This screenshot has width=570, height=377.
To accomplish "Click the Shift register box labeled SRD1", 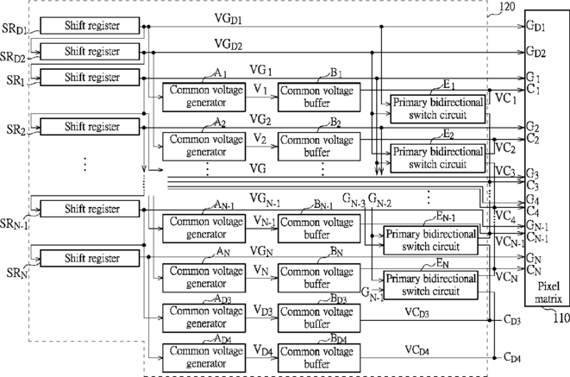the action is pyautogui.click(x=90, y=25).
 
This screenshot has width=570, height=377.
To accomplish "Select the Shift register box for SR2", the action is pyautogui.click(x=90, y=127).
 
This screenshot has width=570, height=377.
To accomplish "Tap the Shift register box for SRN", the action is pyautogui.click(x=90, y=258).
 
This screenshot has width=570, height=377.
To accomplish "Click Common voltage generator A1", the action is pyautogui.click(x=204, y=97).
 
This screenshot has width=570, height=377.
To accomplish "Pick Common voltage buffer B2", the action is pyautogui.click(x=319, y=147).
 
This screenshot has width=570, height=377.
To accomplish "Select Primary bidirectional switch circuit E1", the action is pyautogui.click(x=438, y=109).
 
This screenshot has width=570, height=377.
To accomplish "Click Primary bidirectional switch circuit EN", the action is pyautogui.click(x=431, y=286).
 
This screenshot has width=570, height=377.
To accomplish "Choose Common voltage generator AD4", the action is pyautogui.click(x=204, y=358).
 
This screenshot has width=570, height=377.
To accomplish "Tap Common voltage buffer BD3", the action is pyautogui.click(x=319, y=318).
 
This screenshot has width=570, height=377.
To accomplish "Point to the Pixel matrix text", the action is pyautogui.click(x=548, y=292).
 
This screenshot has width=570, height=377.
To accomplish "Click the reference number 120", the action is pyautogui.click(x=507, y=7).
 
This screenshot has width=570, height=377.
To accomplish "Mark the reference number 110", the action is pyautogui.click(x=561, y=318).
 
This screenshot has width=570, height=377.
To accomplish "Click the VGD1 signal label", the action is pyautogui.click(x=229, y=18).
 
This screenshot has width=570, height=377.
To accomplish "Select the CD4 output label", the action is pyautogui.click(x=512, y=358).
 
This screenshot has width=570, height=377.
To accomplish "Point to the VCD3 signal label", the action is pyautogui.click(x=417, y=312).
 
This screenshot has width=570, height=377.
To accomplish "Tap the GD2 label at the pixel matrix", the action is pyautogui.click(x=536, y=52).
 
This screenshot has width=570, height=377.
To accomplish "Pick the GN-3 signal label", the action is pyautogui.click(x=354, y=200).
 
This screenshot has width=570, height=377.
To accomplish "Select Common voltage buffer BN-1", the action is pyautogui.click(x=319, y=229).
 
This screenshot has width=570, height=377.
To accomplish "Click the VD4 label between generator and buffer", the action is pyautogui.click(x=263, y=350).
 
